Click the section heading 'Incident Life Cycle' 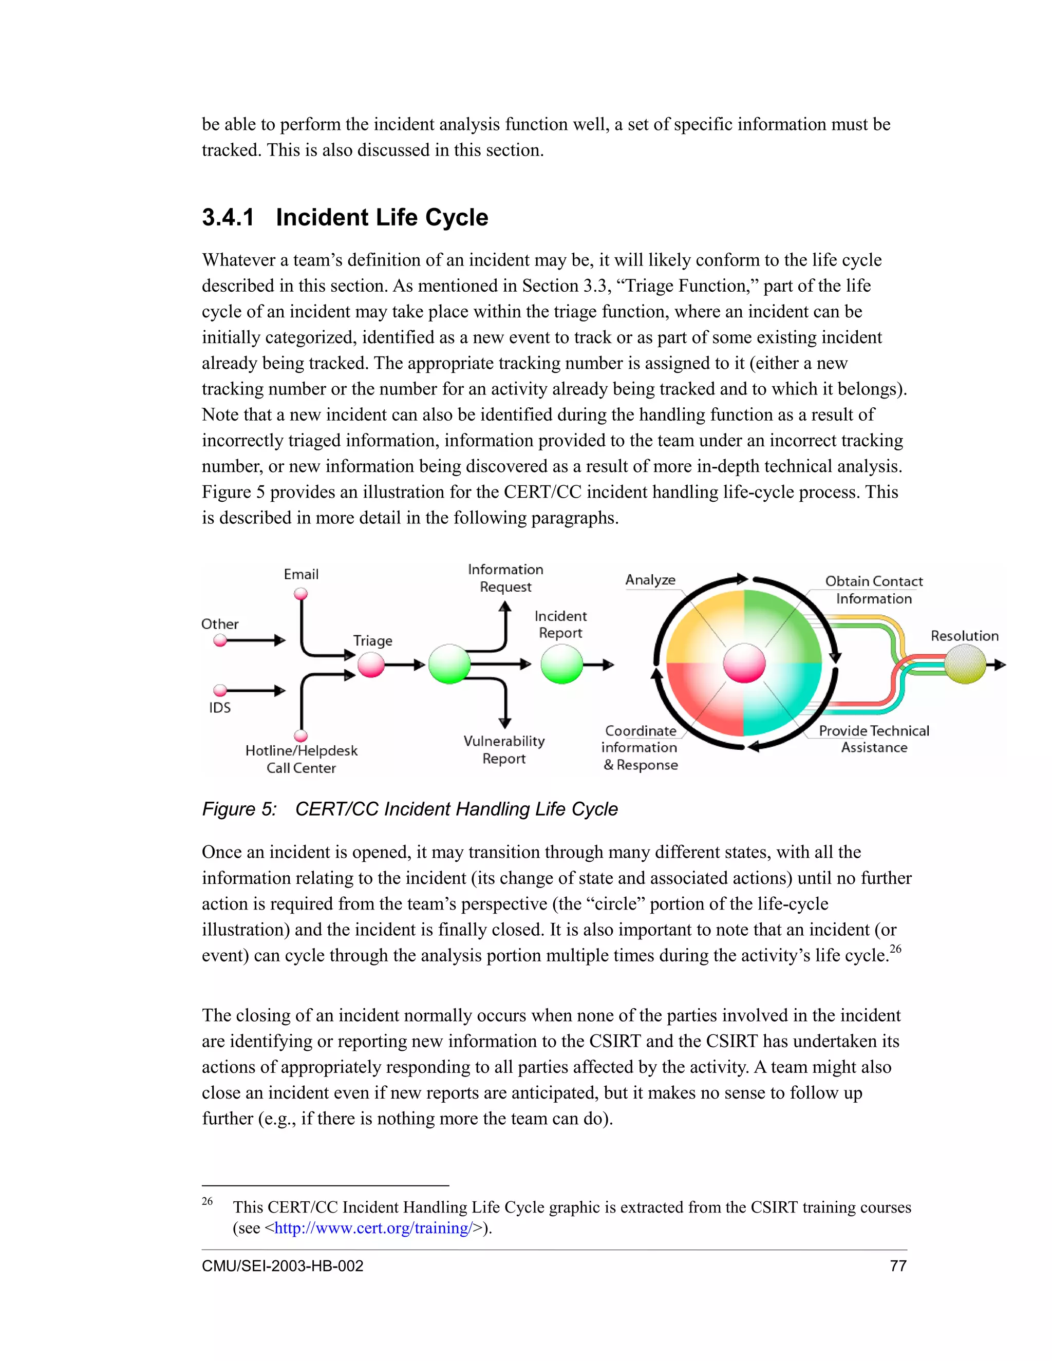point(382,217)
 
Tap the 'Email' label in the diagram point(301,574)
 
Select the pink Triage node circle point(371,664)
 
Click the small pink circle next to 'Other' point(220,640)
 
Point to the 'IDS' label point(219,708)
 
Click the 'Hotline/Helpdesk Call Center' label point(301,759)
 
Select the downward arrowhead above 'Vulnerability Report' point(505,723)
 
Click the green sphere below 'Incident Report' point(561,664)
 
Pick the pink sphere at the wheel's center point(744,664)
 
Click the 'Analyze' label point(650,579)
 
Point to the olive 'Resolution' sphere point(965,664)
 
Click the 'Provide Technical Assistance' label point(874,739)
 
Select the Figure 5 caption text point(409,809)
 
